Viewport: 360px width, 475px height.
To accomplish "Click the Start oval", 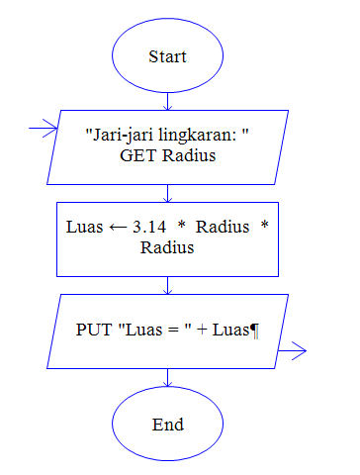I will click(x=168, y=56).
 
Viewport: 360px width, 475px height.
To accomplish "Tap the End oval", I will click(x=168, y=425).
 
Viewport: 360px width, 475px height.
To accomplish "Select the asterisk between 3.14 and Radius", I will click(x=182, y=227).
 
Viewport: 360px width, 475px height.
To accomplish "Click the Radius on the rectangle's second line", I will click(x=167, y=247).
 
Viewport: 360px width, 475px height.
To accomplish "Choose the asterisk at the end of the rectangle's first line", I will click(x=264, y=227).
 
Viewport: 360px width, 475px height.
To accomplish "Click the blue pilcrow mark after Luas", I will click(x=255, y=330).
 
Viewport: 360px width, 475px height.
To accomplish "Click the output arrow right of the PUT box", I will click(x=294, y=349).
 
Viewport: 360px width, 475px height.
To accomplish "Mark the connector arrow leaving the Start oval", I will click(x=168, y=99).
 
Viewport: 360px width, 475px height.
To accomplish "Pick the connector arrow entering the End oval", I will click(x=168, y=378).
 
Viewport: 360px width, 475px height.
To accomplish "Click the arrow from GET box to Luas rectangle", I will click(x=168, y=192).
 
